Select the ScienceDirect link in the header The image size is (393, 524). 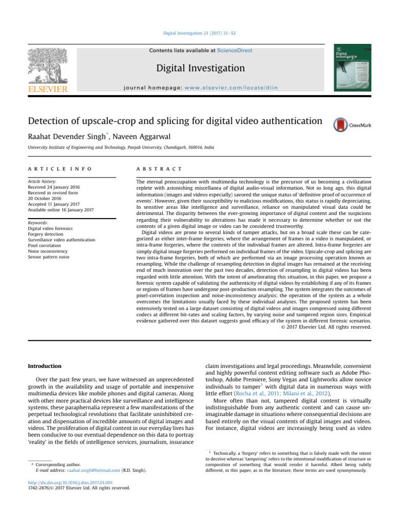[x=234, y=51]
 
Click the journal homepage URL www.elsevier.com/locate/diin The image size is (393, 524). [x=243, y=88]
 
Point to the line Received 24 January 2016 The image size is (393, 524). [x=55, y=188]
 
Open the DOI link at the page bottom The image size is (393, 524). [x=68, y=482]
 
